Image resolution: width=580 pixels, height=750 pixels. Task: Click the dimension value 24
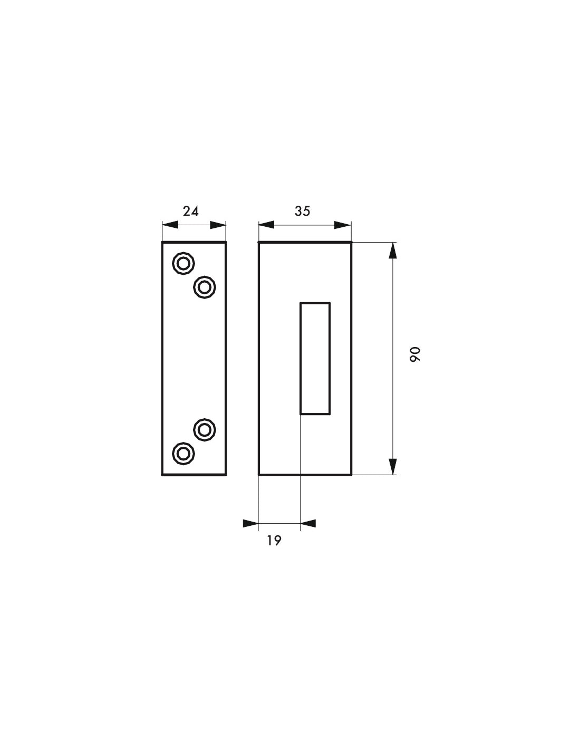point(190,211)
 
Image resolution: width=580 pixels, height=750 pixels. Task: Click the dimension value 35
point(302,211)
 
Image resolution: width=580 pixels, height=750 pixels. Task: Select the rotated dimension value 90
point(415,354)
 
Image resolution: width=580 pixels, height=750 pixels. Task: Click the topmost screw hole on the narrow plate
point(183,263)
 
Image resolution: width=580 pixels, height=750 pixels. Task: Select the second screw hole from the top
point(205,287)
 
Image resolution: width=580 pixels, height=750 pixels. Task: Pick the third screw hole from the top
point(205,430)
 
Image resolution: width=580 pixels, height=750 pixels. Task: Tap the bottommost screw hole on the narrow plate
point(183,454)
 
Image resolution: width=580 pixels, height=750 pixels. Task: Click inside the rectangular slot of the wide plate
point(315,358)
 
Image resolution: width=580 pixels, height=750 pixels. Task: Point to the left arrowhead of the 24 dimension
point(170,225)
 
